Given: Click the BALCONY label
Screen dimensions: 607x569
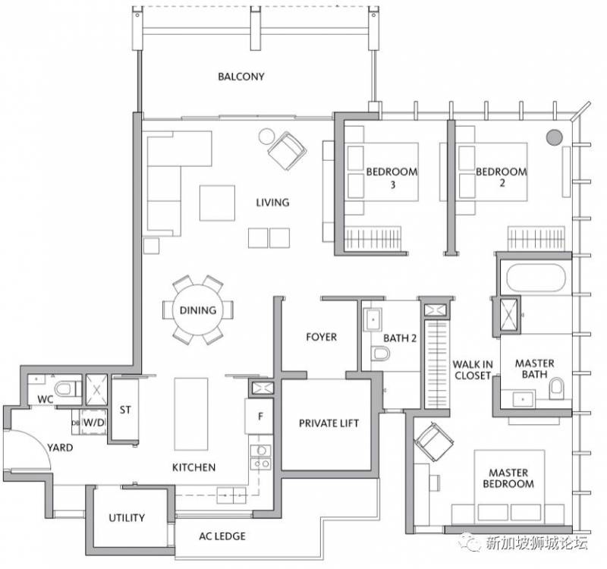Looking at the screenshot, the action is pos(241,77).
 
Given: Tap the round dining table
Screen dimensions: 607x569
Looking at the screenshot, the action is pos(198,310).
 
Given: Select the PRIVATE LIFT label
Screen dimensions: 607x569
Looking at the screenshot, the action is pos(329,423).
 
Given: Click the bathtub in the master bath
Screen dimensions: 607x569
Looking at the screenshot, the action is pos(536,277).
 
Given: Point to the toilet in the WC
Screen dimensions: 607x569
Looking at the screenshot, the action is pos(66,388).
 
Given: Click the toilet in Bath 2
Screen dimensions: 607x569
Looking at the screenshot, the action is pos(381,354).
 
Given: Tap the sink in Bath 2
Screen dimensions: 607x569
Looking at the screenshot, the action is pos(373,319).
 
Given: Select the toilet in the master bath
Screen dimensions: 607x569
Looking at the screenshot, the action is pos(557,388).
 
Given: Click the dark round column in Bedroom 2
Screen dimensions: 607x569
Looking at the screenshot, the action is pos(554,137).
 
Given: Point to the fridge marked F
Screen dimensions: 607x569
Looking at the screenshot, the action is pos(259,416).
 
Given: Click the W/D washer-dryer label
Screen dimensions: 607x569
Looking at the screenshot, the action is pos(94,423).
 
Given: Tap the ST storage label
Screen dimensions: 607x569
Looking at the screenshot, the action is pos(125,410).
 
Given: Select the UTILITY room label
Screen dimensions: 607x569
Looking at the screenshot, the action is pos(127,517).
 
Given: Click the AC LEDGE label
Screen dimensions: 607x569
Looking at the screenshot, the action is pos(222,536).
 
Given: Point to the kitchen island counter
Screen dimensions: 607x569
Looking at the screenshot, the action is pos(191,414).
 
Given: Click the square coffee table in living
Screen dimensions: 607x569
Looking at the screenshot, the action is pos(217,203).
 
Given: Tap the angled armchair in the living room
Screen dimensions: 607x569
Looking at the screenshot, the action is pos(287,150).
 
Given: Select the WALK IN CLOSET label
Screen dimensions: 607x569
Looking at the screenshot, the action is pos(473,370).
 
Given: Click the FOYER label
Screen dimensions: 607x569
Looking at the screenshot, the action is pos(321,337).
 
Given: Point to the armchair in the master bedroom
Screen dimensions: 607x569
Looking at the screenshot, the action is pos(434,442).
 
